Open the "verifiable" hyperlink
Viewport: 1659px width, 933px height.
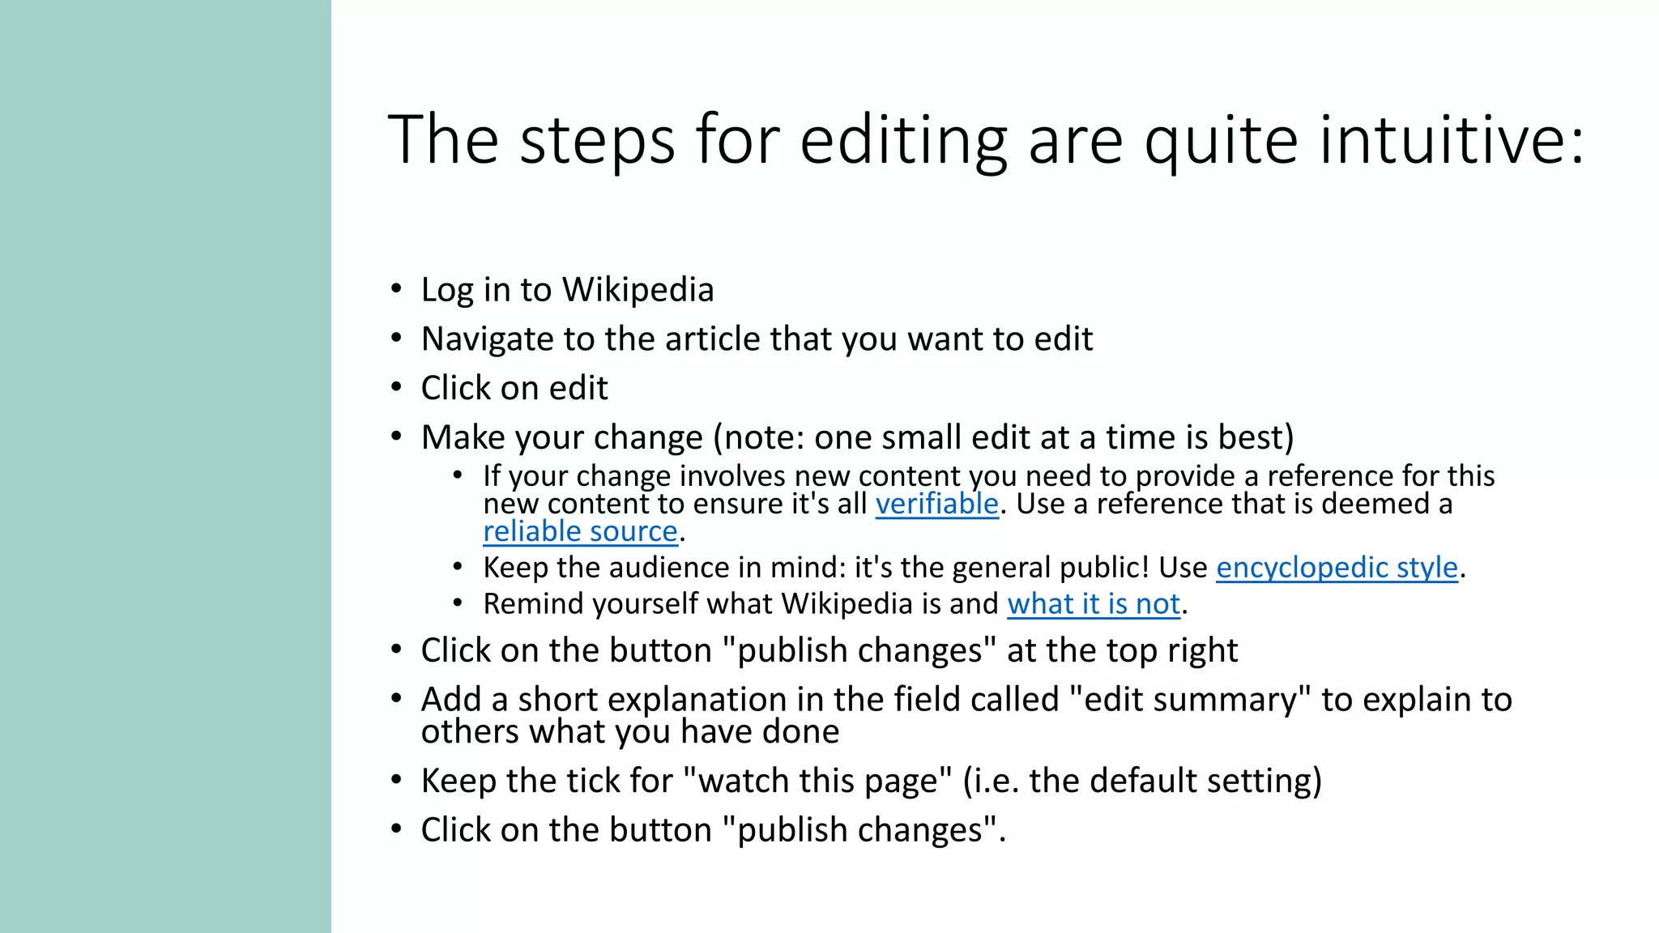point(937,504)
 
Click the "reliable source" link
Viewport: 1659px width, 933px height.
point(580,531)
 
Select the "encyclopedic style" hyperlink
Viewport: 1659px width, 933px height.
point(1337,567)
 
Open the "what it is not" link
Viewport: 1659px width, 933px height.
point(1094,603)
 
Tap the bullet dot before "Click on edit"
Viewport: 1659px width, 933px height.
point(396,387)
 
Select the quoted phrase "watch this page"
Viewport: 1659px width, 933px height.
point(817,781)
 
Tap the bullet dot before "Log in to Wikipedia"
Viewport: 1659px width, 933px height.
point(396,289)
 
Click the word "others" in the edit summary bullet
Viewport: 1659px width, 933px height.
point(471,732)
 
